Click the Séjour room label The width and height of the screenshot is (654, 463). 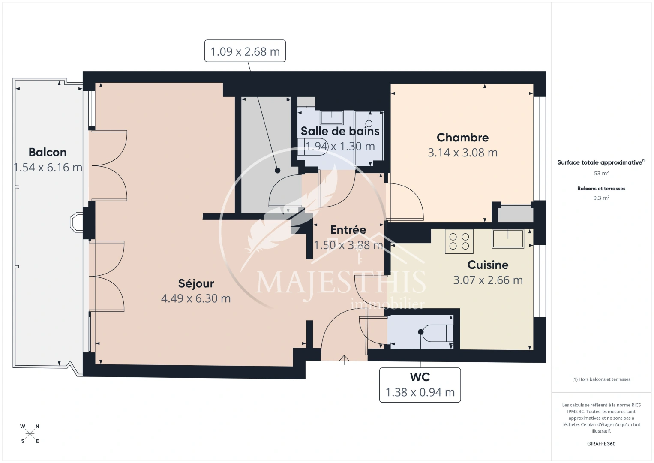(x=196, y=283)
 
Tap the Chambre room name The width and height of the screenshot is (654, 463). (x=462, y=138)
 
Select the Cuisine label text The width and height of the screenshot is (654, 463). (x=488, y=265)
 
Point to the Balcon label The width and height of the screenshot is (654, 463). (x=48, y=152)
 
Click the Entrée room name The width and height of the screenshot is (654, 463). (x=348, y=230)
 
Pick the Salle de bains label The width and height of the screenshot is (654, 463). (x=340, y=131)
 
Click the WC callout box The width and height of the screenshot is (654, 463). (x=420, y=385)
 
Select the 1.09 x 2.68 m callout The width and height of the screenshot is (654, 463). (x=245, y=51)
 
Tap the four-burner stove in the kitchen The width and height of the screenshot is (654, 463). (x=459, y=241)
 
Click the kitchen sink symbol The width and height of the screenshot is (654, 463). (x=508, y=238)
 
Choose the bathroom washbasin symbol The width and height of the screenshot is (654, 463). (x=332, y=117)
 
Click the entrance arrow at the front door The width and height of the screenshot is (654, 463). (x=344, y=360)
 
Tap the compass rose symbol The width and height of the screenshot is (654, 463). (x=30, y=434)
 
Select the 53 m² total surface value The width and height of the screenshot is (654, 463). (x=601, y=173)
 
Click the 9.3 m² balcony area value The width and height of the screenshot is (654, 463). (x=601, y=198)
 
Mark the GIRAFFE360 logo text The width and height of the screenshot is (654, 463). (x=601, y=444)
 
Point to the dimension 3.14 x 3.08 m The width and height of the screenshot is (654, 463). (x=462, y=153)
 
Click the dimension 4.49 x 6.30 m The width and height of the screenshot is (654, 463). (x=196, y=298)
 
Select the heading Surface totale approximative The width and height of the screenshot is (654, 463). (x=600, y=162)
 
